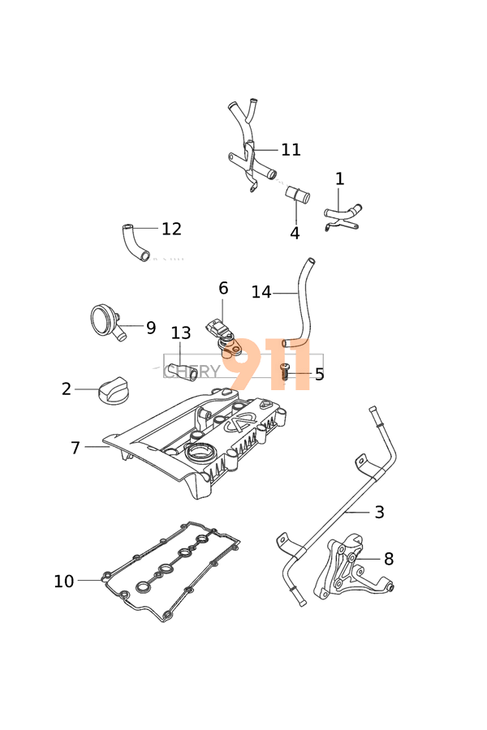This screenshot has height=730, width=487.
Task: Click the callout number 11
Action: pos(291,150)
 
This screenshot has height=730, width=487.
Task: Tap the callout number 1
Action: pos(339,179)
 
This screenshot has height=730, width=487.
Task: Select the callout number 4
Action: pos(295,234)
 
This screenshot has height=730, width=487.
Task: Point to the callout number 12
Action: pos(171,230)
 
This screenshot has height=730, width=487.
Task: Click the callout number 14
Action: pos(261,292)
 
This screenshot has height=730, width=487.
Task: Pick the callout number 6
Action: pos(223,289)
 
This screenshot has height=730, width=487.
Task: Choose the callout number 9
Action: pos(151,328)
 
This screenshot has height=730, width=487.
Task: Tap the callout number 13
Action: pos(181,333)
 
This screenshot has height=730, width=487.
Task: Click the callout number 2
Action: pos(67,389)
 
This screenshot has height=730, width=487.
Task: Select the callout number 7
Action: pos(75,448)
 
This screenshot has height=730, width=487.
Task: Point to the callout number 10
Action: pos(63,581)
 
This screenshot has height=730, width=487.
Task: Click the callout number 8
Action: pos(389,559)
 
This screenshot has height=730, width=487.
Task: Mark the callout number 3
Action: pos(379,512)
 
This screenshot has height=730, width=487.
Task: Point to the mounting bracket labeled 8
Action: pos(345,572)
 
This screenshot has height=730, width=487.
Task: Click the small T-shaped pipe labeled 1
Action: pos(343,215)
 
